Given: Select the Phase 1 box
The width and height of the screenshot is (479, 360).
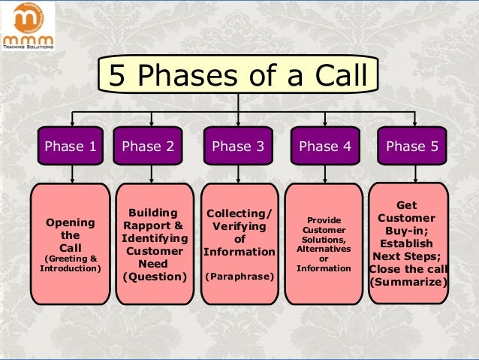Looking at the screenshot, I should pyautogui.click(x=71, y=147).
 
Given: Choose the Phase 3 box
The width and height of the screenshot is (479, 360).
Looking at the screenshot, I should pyautogui.click(x=238, y=147).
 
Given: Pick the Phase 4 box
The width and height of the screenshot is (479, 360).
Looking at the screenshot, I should pyautogui.click(x=324, y=147).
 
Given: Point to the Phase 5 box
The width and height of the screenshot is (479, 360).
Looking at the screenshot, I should pyautogui.click(x=411, y=147).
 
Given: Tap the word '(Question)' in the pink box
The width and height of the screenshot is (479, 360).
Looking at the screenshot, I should pyautogui.click(x=154, y=276).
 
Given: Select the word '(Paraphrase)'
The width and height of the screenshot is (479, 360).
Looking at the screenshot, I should pyautogui.click(x=239, y=277).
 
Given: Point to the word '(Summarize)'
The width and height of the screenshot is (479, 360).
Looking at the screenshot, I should pyautogui.click(x=409, y=283).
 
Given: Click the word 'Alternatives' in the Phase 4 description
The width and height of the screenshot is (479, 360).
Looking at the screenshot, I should pyautogui.click(x=324, y=248).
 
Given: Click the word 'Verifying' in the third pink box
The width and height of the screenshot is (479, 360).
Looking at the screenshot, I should pyautogui.click(x=239, y=227).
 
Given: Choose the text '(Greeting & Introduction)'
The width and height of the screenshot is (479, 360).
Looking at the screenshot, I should pyautogui.click(x=71, y=264).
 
